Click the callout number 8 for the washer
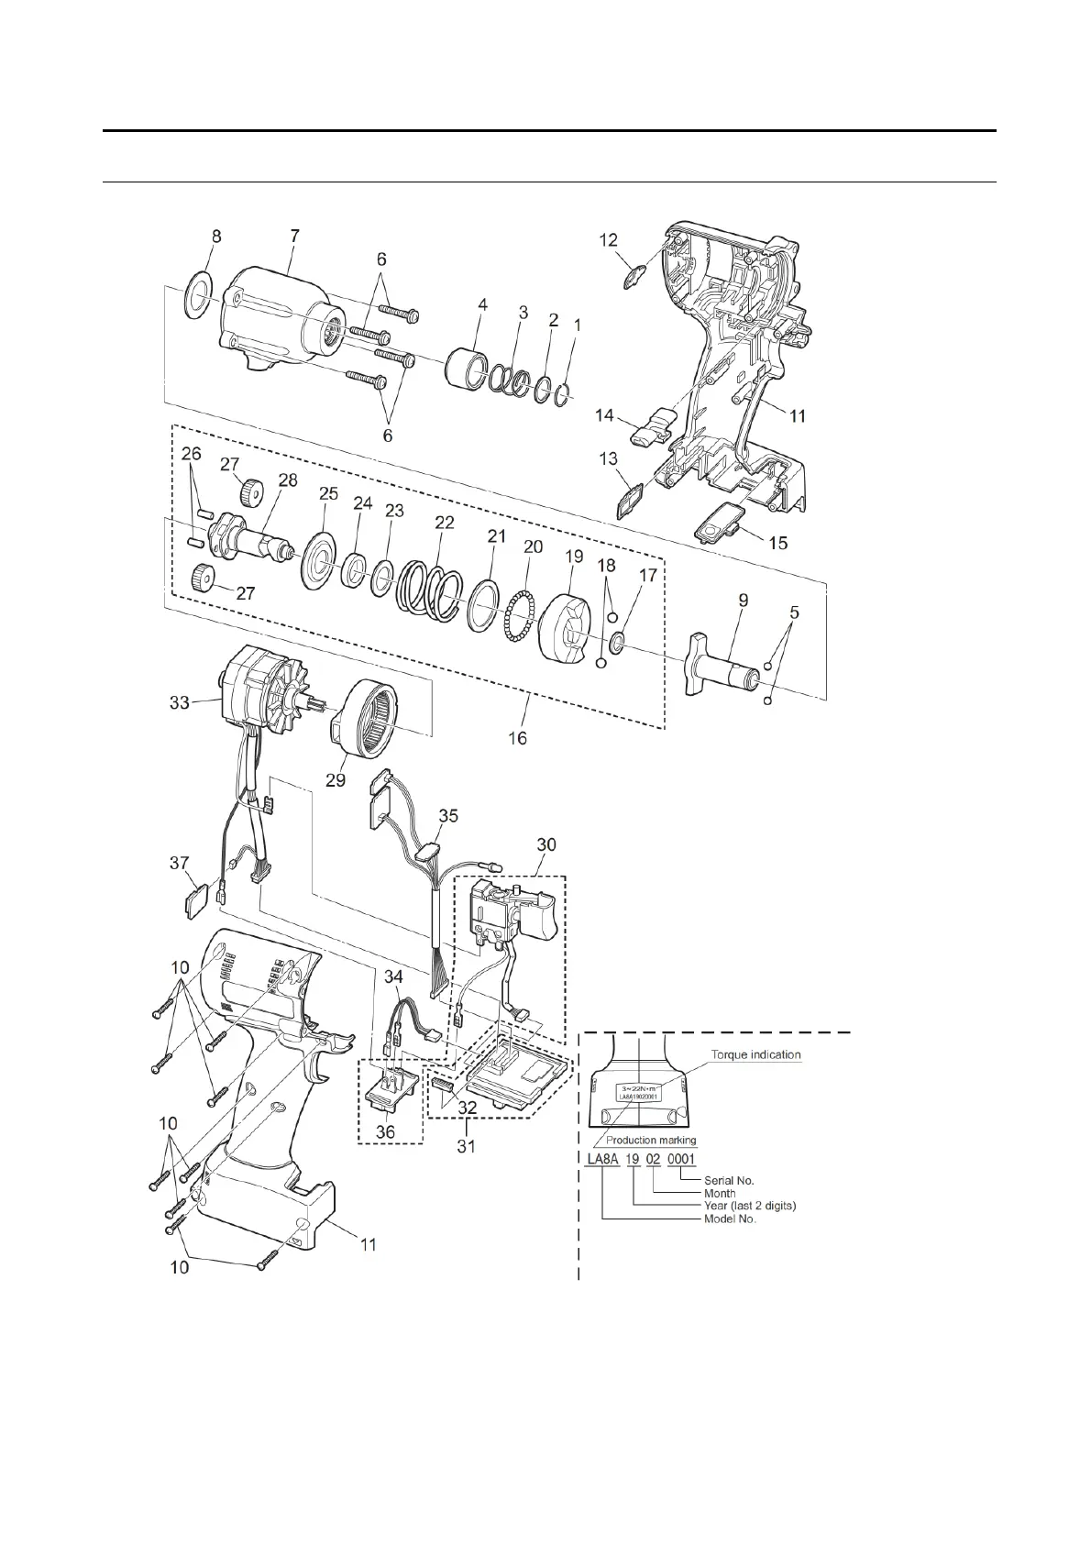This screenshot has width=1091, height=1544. pyautogui.click(x=216, y=236)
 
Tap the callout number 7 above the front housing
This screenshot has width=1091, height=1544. pyautogui.click(x=294, y=236)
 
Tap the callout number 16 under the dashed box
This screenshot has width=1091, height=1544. pyautogui.click(x=518, y=737)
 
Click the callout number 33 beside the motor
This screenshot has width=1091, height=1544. pyautogui.click(x=179, y=702)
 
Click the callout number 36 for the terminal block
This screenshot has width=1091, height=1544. pyautogui.click(x=386, y=1132)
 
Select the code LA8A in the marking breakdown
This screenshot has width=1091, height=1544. pyautogui.click(x=602, y=1160)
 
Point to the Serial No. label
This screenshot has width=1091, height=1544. pyautogui.click(x=729, y=1181)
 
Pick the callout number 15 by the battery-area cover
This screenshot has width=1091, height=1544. pyautogui.click(x=777, y=543)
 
